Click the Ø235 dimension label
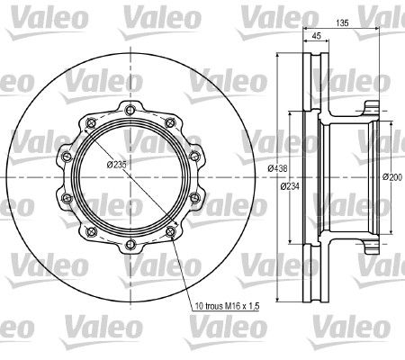pos(117,165)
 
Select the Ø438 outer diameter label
pos(277,168)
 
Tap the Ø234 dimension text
pos(290,186)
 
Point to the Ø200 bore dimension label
pos(392,177)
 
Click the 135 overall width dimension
pos(342,22)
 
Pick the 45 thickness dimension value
pos(317,36)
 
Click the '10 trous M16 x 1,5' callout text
pos(227,306)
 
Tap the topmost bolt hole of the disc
pos(130,110)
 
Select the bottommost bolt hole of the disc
pos(130,244)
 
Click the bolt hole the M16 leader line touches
pos(170,231)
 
